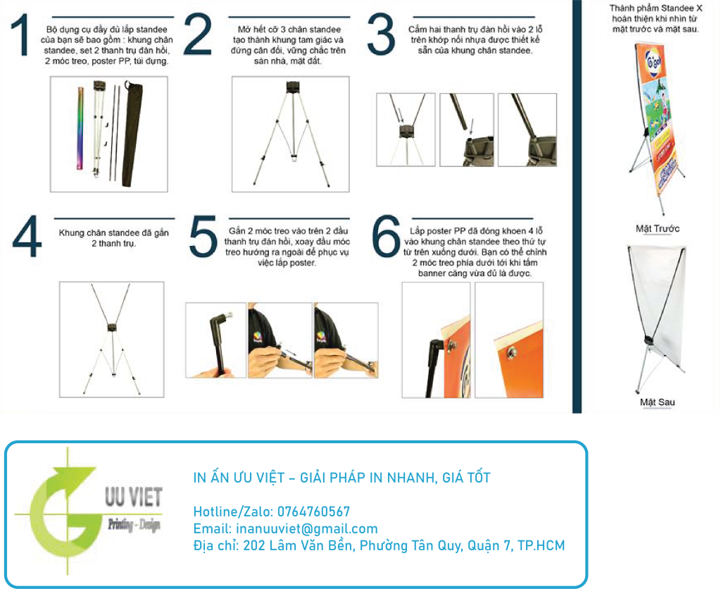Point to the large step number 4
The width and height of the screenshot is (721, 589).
point(27,237)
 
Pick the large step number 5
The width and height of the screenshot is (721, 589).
point(203,237)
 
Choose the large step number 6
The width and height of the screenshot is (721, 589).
point(387,238)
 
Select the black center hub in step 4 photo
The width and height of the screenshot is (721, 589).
point(111,327)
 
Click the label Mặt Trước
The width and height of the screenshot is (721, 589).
point(657,229)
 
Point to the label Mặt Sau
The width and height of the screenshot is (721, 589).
point(657,402)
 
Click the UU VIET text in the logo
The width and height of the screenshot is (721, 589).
point(132,498)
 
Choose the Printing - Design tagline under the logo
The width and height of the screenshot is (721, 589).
point(134,526)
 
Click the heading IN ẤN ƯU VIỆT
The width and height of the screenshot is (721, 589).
point(239,478)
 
